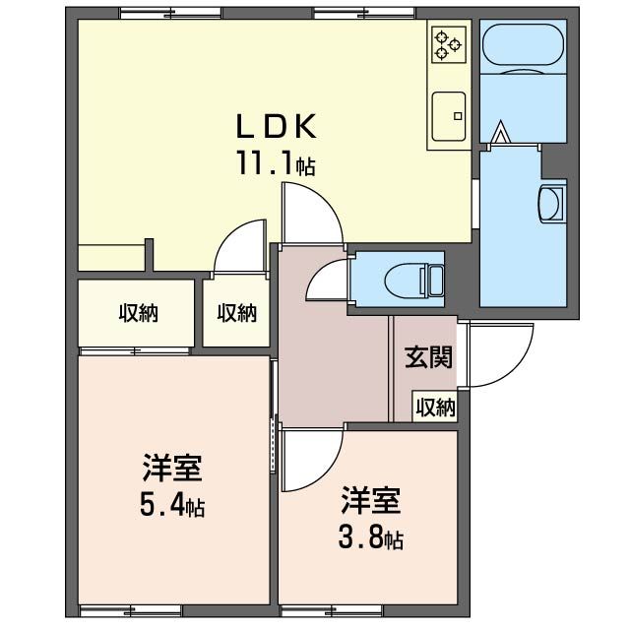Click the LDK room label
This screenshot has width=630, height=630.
(276, 126)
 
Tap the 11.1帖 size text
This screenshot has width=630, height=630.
(275, 162)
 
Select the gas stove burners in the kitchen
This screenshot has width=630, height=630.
(449, 42)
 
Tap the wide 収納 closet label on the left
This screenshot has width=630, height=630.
(139, 313)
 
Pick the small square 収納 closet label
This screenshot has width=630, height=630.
(236, 313)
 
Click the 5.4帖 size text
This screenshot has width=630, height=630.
(172, 507)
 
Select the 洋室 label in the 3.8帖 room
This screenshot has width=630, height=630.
(371, 501)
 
